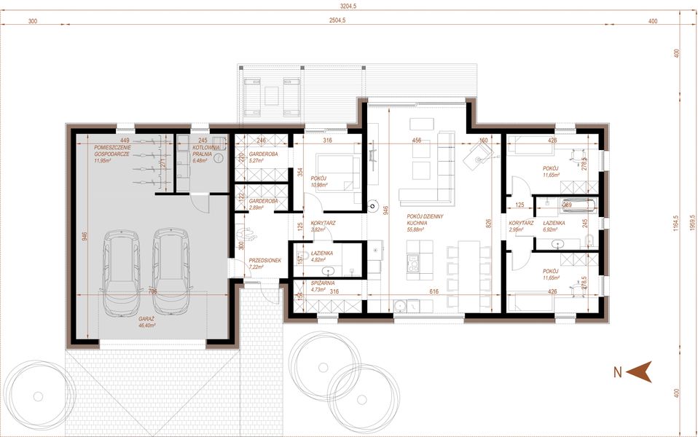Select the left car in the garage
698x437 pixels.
click(121, 272)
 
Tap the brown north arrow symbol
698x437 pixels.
click(639, 372)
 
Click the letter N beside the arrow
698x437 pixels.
click(617, 373)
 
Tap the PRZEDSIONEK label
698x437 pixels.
click(264, 263)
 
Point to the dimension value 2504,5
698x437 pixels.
click(337, 21)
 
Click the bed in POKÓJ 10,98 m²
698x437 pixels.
click(339, 173)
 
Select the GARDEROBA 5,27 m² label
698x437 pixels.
click(262, 158)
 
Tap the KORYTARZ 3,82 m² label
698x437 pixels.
click(322, 227)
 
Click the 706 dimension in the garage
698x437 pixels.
click(152, 291)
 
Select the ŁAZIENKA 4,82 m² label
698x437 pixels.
click(321, 256)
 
